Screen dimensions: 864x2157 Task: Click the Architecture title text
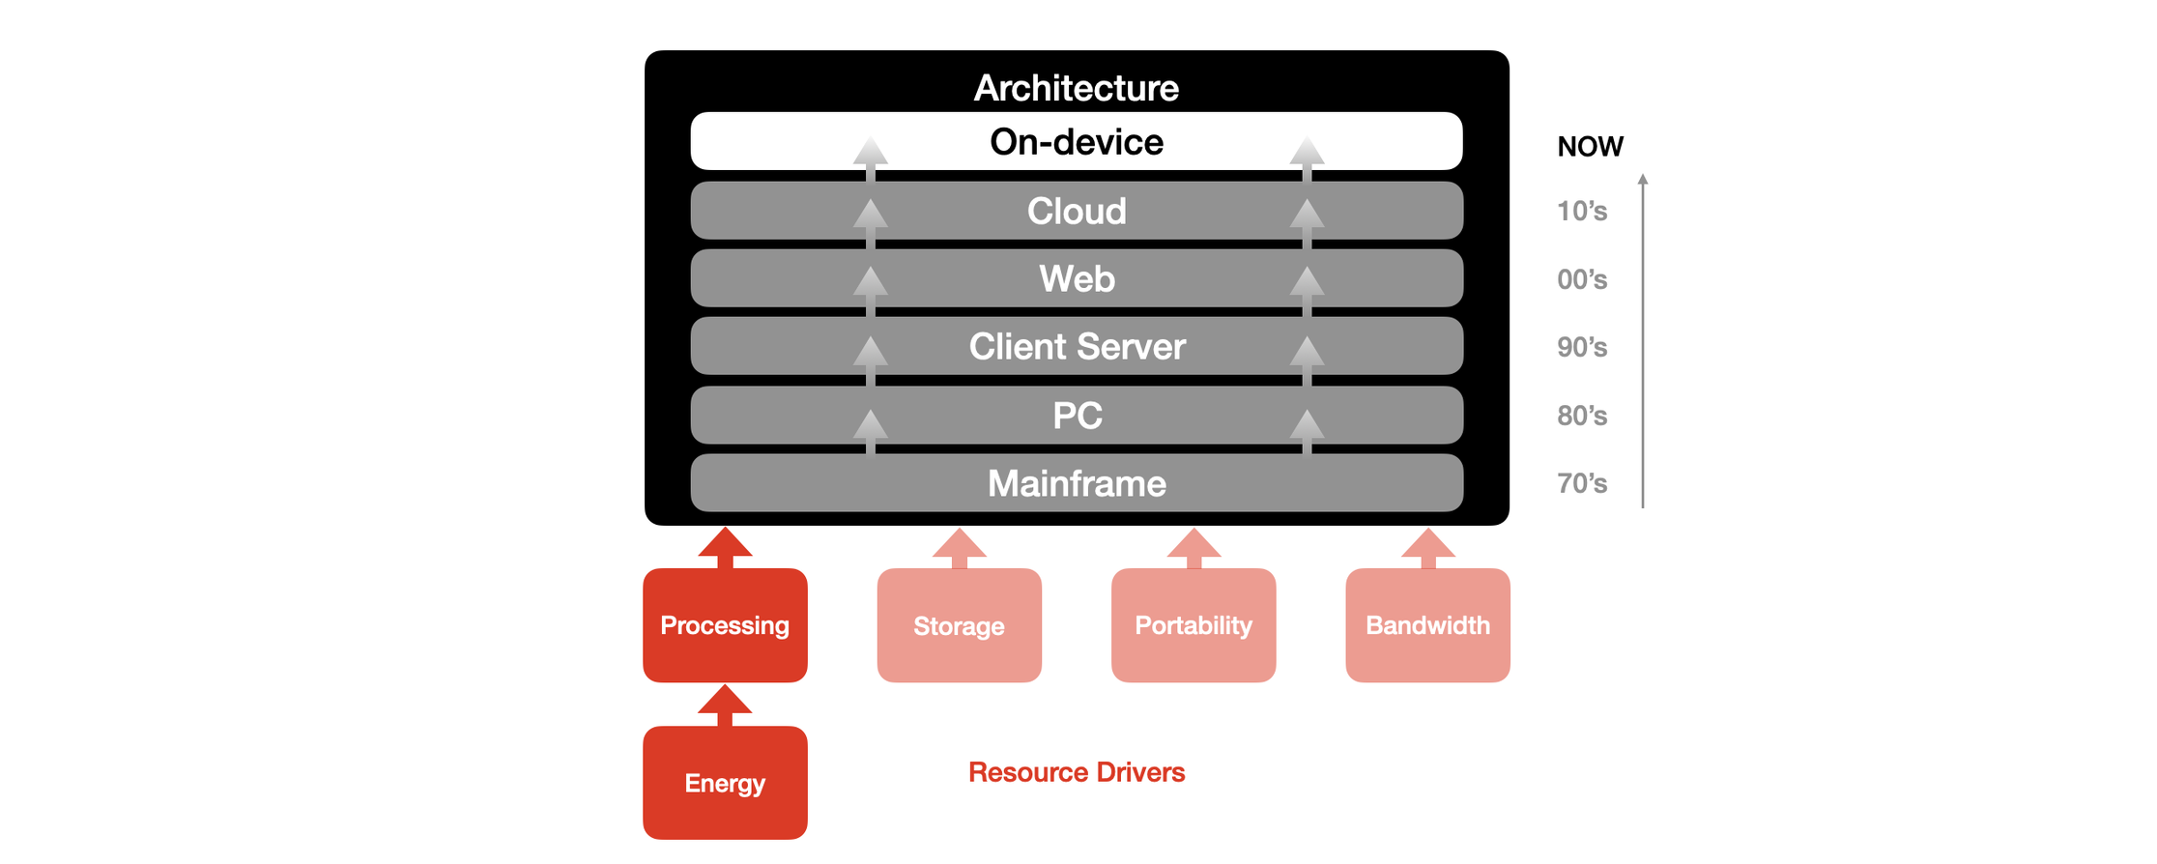(1076, 88)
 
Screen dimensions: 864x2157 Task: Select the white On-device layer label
(1076, 142)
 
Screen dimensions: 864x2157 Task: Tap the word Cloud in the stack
(1076, 212)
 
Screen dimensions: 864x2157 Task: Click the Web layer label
(1076, 279)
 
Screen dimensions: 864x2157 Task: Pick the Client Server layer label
(1076, 347)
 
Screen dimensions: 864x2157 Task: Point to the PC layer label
(1076, 416)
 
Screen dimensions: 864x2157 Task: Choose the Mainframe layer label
(1076, 483)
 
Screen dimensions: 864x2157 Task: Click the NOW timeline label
(1590, 147)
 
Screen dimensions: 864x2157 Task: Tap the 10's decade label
(1582, 212)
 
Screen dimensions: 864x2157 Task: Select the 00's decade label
(1582, 280)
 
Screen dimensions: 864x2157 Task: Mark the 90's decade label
(1582, 348)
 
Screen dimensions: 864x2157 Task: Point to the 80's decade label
(1582, 417)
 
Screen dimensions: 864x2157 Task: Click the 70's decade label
(1582, 484)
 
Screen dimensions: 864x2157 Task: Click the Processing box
(725, 625)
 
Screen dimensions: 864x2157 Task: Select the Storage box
(959, 626)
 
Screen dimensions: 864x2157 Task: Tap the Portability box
(1194, 625)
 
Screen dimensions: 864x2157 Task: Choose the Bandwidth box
(1427, 625)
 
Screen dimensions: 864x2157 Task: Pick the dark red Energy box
(725, 783)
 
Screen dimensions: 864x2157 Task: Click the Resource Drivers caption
(1076, 772)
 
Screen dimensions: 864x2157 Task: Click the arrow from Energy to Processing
(725, 705)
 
